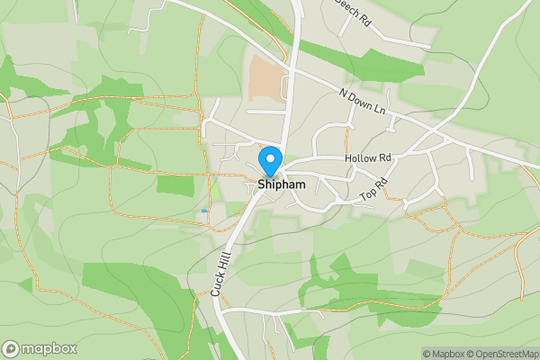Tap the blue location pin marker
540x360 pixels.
[x=269, y=161]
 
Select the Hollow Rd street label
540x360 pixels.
[x=368, y=158]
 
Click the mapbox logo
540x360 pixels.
[x=40, y=348]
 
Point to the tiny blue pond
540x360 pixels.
[x=204, y=211]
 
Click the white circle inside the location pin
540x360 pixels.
[x=269, y=157]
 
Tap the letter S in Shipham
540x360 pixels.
[x=261, y=184]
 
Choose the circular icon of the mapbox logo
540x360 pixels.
[x=11, y=348]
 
